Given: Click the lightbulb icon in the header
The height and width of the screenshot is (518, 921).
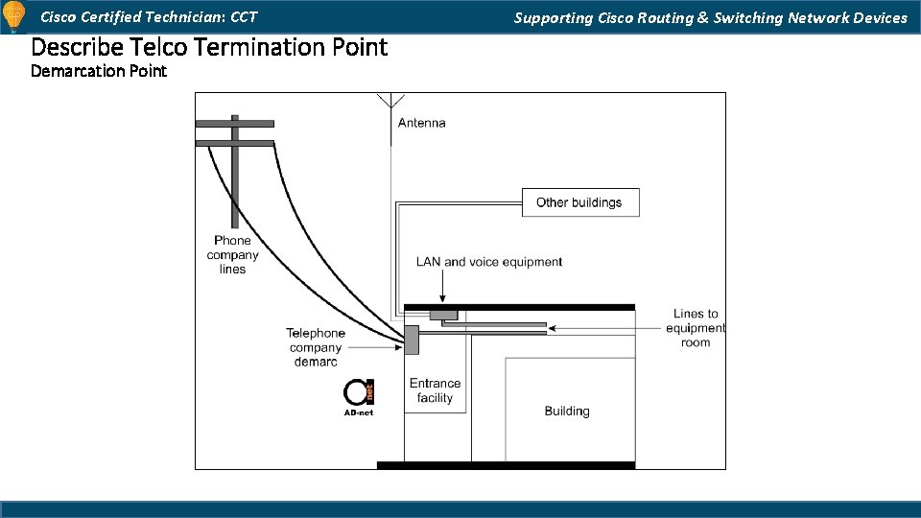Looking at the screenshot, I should coord(13,17).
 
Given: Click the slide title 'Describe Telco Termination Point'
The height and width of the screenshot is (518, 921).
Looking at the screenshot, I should coord(209,47).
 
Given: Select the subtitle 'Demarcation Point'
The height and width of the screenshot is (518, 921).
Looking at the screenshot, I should coord(99,71).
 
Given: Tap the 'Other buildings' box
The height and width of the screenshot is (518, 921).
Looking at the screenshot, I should coord(579,202).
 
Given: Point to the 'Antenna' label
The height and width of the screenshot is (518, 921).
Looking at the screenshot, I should coord(421,123).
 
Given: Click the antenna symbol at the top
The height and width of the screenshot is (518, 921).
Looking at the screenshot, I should coord(390,102).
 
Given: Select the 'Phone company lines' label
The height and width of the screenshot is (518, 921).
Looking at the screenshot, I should coord(232,255).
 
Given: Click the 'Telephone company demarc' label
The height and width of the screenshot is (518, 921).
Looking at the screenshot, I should coord(316,347).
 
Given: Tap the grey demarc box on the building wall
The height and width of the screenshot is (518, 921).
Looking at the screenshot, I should coord(412,340).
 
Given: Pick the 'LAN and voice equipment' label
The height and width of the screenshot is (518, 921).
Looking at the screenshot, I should coord(489,262).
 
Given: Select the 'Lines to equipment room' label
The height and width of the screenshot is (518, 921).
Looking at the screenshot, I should coord(696,328).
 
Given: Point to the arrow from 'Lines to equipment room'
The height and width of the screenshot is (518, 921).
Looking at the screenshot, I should coord(604,328).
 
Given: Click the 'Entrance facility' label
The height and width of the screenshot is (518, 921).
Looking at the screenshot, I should coord(435,390).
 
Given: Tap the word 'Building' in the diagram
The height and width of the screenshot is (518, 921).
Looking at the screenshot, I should coord(567,411).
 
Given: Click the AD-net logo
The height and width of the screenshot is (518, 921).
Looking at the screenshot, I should coord(359,396).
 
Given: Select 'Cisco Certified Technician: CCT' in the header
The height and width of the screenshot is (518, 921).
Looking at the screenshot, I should coord(149,17).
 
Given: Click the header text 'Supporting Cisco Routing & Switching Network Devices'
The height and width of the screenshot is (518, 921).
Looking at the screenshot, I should coord(710,17).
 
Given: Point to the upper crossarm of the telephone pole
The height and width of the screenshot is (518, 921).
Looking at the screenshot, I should coord(234,124).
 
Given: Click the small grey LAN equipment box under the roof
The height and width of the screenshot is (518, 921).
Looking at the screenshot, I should coord(443,315).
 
